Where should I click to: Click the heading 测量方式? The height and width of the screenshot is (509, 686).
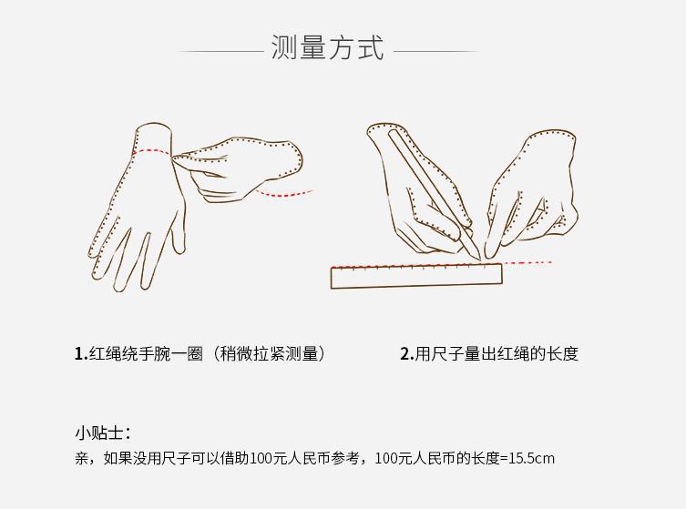click(328, 47)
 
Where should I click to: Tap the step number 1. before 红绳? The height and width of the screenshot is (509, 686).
click(80, 354)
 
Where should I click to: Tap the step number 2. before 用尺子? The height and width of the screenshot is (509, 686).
click(406, 354)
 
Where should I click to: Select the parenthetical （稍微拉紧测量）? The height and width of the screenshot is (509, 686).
click(269, 354)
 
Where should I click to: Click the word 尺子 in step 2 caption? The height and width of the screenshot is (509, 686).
click(446, 354)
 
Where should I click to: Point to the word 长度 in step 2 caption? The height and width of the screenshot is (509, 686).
click(562, 354)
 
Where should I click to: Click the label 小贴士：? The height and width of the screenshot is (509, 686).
click(102, 433)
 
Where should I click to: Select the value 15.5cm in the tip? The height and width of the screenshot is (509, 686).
click(532, 458)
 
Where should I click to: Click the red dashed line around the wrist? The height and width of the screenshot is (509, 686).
click(153, 152)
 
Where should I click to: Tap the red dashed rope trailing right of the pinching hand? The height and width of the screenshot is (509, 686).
click(284, 193)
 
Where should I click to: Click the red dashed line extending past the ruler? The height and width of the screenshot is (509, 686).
click(527, 263)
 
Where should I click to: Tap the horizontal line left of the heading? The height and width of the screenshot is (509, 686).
click(219, 51)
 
